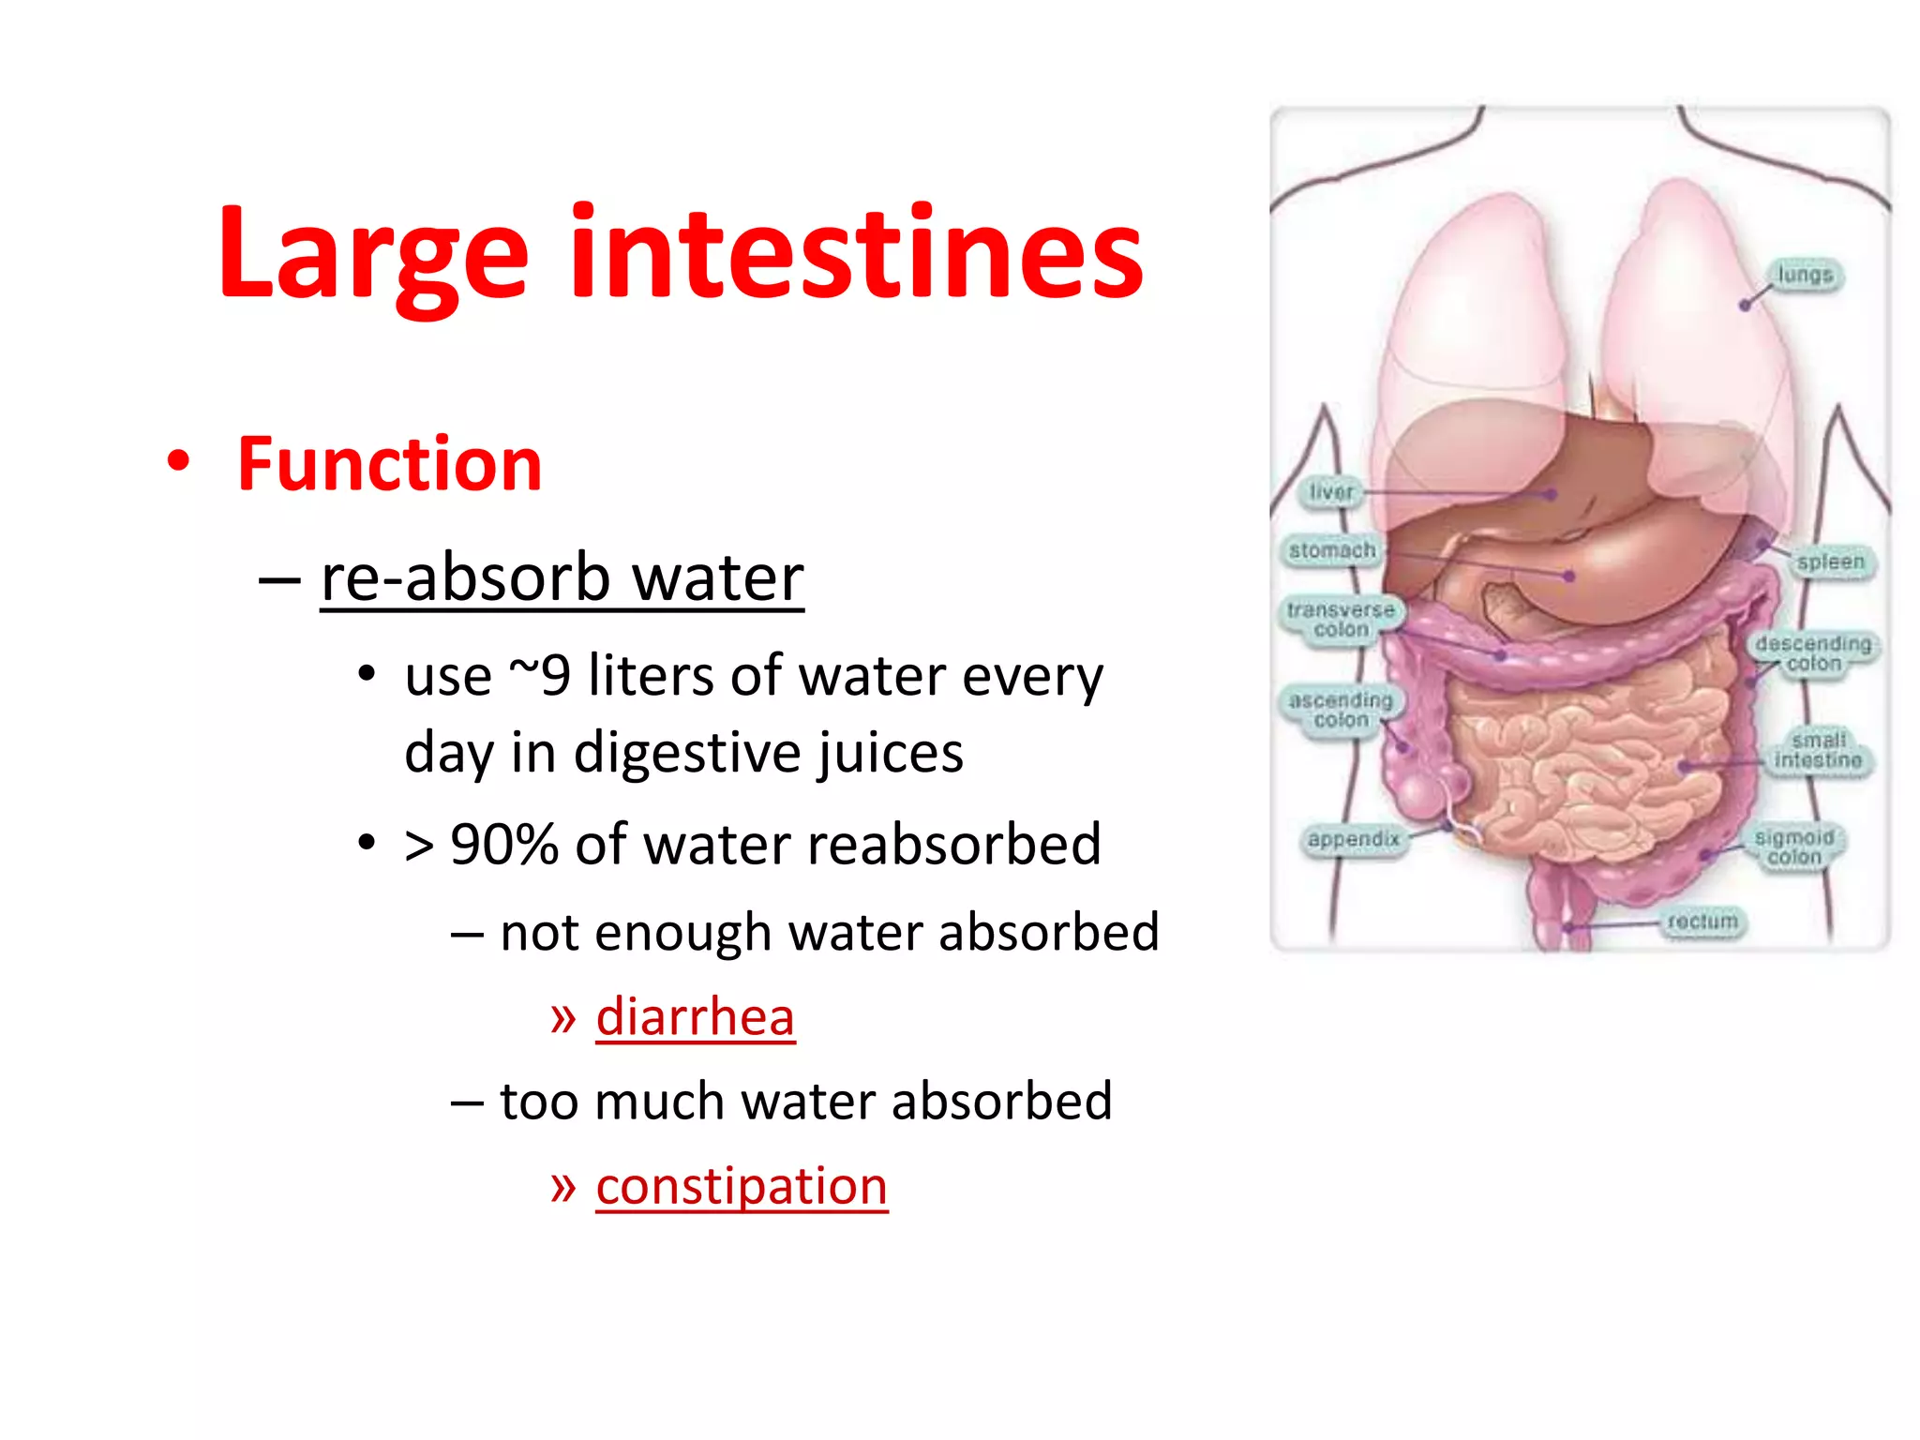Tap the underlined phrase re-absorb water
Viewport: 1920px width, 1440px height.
click(x=562, y=578)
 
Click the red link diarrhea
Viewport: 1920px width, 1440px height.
click(x=695, y=1017)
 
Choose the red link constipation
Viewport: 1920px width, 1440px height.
click(x=742, y=1187)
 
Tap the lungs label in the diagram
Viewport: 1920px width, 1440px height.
click(x=1805, y=276)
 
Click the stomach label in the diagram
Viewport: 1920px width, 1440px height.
click(x=1332, y=550)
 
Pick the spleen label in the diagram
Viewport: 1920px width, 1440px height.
click(x=1830, y=562)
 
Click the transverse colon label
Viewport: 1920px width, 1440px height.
click(x=1341, y=620)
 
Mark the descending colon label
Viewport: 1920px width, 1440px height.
click(x=1813, y=653)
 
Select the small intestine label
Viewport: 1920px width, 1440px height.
click(x=1818, y=751)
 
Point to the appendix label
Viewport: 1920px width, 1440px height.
click(x=1354, y=839)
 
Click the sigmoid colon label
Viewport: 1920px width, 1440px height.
click(x=1794, y=847)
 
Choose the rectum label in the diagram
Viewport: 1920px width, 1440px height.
click(x=1702, y=922)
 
